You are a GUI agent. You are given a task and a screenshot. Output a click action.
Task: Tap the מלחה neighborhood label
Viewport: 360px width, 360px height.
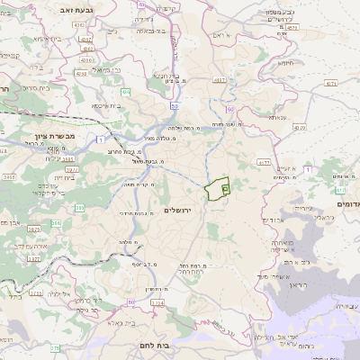tap(127, 242)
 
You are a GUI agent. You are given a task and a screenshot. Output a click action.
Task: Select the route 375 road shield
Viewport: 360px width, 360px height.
tap(54, 347)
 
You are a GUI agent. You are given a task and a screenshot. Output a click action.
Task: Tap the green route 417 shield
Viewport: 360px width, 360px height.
tap(340, 190)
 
